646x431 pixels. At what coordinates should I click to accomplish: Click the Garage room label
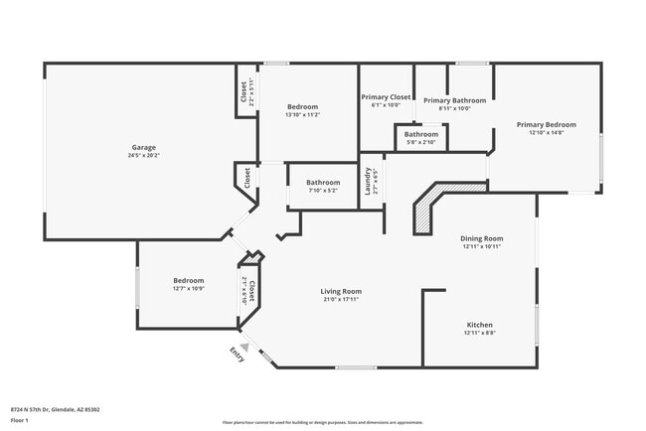point(144,146)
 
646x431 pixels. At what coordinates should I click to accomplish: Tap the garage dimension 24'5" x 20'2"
point(144,155)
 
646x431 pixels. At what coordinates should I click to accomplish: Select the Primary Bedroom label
point(546,124)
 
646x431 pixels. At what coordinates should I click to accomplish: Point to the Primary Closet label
point(386,96)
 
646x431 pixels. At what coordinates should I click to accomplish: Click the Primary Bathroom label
point(454,100)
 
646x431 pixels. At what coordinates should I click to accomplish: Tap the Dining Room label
point(482,237)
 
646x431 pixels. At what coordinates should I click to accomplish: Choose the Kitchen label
point(480,325)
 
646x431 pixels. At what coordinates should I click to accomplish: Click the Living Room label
point(339,291)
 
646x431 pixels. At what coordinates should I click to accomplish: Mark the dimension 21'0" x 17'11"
point(339,299)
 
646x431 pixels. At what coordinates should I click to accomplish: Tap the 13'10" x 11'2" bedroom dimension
point(302,115)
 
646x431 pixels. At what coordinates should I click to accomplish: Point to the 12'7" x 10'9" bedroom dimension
point(189,289)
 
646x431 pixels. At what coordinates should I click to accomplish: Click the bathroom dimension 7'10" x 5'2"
point(323,191)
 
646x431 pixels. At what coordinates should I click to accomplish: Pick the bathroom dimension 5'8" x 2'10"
point(421,143)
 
